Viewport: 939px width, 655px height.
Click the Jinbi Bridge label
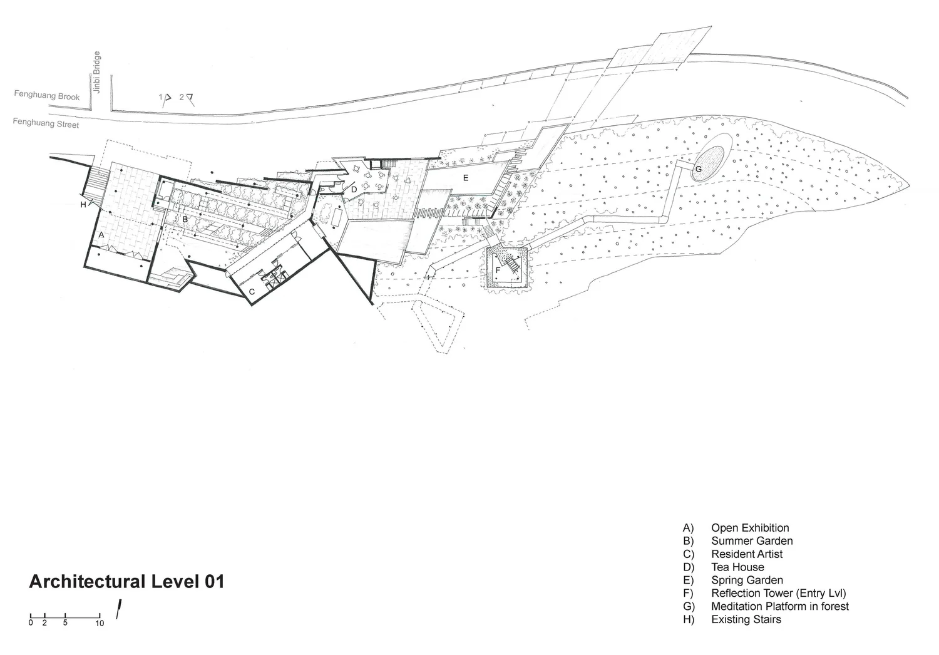[97, 73]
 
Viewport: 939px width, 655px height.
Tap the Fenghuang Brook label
[48, 96]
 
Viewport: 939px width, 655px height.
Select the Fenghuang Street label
[46, 123]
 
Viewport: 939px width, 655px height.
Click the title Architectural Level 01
[126, 582]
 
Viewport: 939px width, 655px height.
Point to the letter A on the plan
[101, 234]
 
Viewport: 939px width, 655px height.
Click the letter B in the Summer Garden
[185, 219]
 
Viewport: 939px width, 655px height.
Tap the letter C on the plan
[252, 292]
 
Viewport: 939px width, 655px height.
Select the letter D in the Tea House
[354, 189]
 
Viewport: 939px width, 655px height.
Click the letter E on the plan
[466, 178]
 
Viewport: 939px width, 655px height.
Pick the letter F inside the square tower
[498, 270]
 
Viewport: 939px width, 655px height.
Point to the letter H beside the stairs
[83, 204]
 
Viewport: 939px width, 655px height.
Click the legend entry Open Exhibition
[750, 528]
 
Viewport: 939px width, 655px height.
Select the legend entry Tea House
[737, 567]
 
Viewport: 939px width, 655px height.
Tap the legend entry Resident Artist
[747, 554]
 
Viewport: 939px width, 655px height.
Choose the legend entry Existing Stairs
[746, 620]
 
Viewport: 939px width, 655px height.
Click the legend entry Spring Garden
[747, 580]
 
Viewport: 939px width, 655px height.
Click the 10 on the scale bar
[100, 624]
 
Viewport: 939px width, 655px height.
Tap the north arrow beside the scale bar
[118, 609]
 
